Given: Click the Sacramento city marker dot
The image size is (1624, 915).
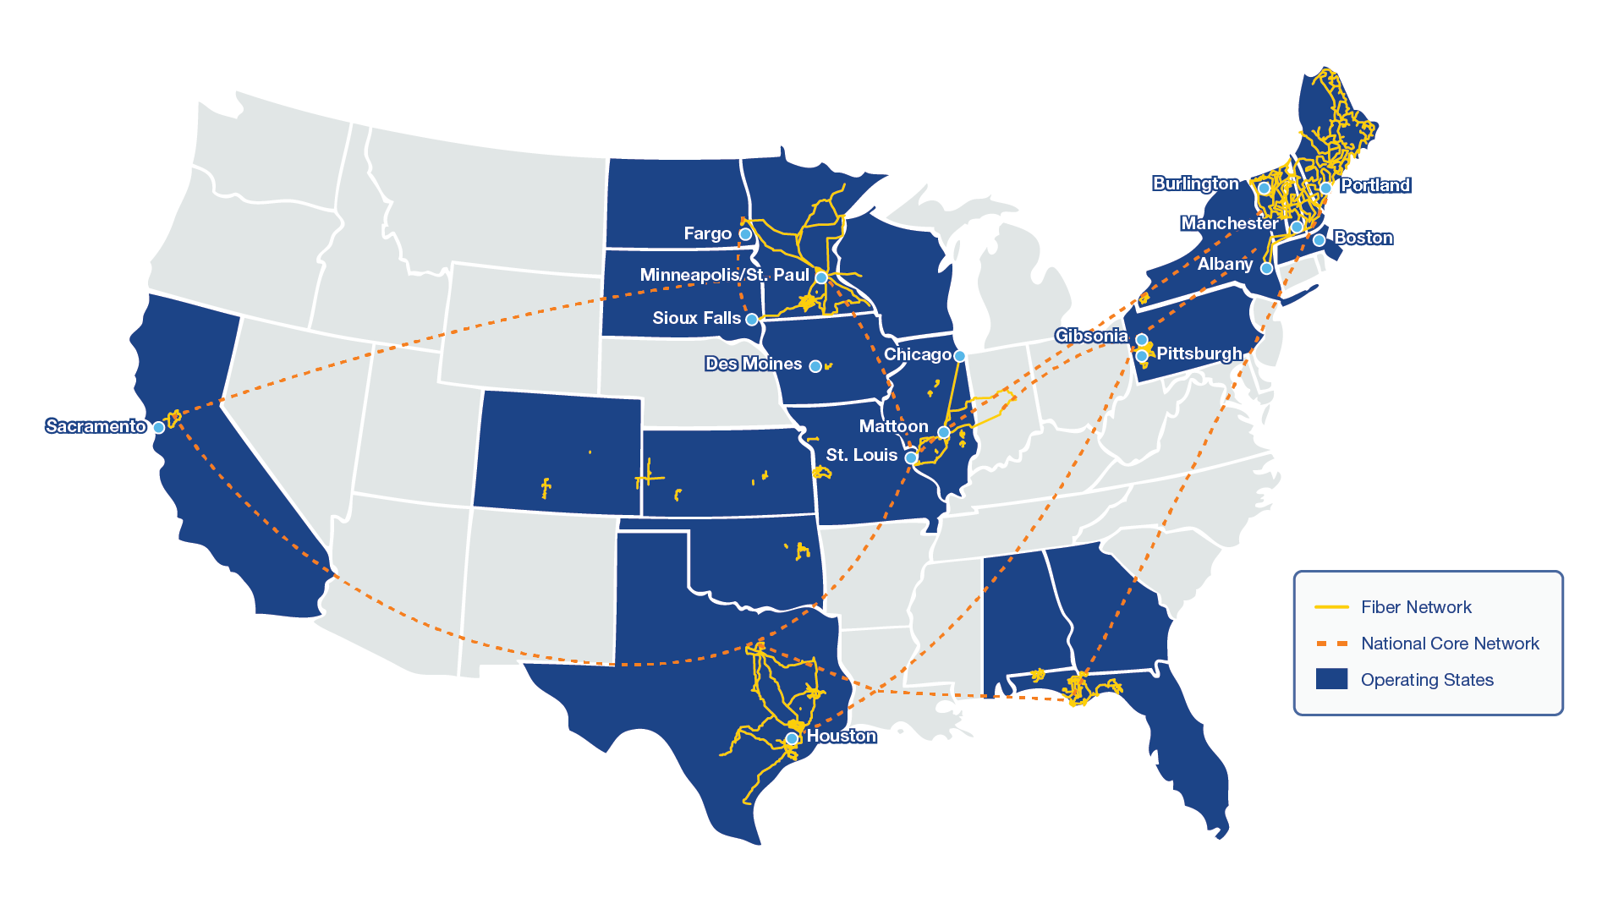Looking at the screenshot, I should click(x=158, y=427).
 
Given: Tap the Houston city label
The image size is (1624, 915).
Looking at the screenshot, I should click(x=841, y=736).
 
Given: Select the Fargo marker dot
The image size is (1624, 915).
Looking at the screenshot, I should click(x=745, y=234).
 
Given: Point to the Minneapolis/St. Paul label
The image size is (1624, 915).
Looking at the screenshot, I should click(x=724, y=275).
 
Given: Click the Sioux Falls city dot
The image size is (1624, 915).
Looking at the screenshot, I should click(x=751, y=320).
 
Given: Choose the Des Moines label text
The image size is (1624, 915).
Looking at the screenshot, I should click(x=753, y=364).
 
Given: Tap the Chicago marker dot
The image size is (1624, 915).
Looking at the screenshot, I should click(x=959, y=356).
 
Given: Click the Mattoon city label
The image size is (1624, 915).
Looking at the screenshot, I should click(x=893, y=426).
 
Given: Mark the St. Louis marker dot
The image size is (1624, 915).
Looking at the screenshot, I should click(x=911, y=457).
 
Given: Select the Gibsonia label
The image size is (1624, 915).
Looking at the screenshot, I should click(x=1091, y=336).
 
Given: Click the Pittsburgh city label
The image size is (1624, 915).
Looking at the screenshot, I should click(x=1199, y=353).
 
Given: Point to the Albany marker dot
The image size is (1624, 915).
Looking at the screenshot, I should click(x=1266, y=268).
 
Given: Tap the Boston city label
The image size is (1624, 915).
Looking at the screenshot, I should click(x=1363, y=238).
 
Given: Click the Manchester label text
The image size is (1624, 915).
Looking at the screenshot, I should click(x=1228, y=223).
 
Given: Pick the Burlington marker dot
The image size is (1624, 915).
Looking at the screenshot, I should click(x=1264, y=188).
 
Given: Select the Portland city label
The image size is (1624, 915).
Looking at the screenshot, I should click(x=1374, y=185).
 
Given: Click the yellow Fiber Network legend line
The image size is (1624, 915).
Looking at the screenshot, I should click(x=1331, y=607).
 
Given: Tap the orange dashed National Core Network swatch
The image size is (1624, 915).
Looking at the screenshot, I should click(x=1331, y=644).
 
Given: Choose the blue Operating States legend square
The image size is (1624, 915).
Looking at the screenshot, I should click(x=1331, y=679).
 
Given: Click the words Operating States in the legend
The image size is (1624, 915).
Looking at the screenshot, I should click(x=1427, y=680).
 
